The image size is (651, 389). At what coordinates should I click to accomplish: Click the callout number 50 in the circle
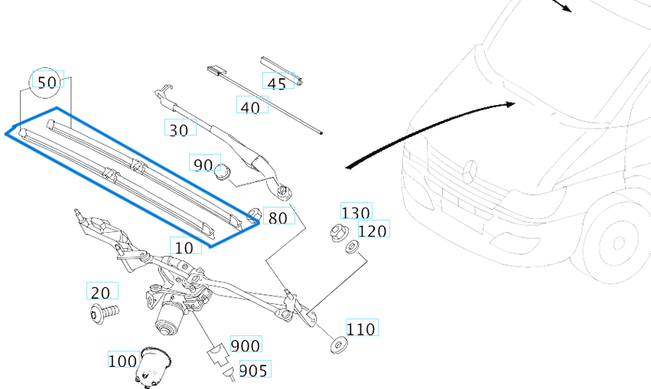[47, 83]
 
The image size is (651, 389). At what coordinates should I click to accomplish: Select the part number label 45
[278, 83]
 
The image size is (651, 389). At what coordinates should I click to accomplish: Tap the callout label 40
[250, 108]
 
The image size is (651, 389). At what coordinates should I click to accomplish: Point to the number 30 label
[178, 130]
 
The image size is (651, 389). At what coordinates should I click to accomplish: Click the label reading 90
[203, 165]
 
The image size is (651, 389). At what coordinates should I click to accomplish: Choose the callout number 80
[278, 217]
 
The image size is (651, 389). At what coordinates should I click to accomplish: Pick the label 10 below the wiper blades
[184, 247]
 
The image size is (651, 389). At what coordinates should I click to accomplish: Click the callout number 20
[101, 293]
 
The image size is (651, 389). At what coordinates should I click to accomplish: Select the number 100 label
[122, 361]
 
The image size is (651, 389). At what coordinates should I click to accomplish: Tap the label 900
[246, 346]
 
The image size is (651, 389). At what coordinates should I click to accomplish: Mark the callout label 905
[254, 371]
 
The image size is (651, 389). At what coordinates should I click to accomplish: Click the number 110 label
[361, 329]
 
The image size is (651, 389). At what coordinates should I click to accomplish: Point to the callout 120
[373, 230]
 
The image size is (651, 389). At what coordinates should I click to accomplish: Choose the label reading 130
[356, 213]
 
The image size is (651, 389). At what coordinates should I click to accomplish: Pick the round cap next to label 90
[223, 172]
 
